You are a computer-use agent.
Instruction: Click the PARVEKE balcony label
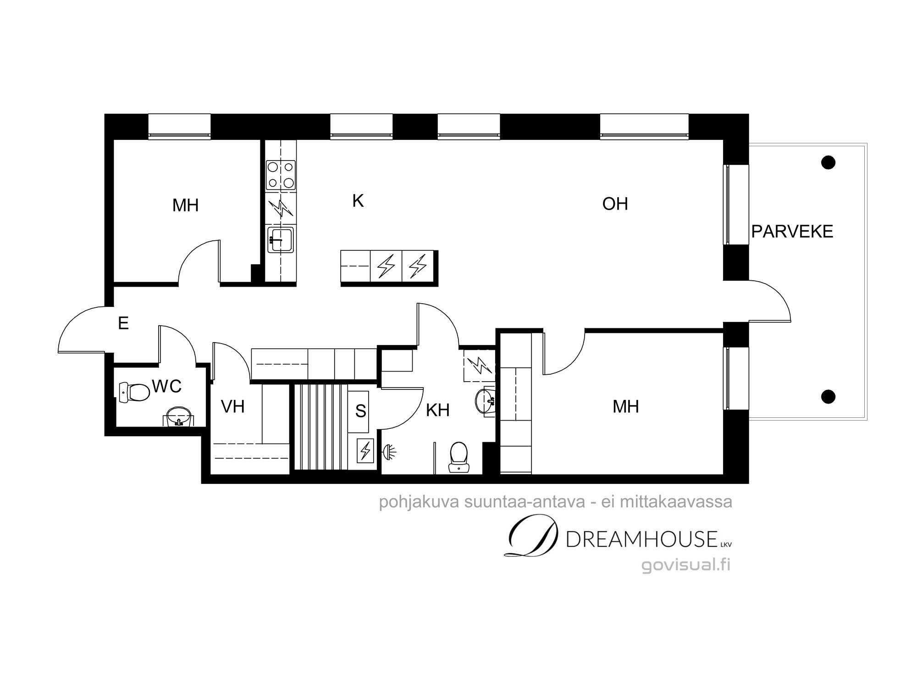click(x=792, y=232)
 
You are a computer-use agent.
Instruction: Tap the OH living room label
click(x=615, y=204)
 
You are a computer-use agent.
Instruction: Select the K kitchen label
click(x=358, y=201)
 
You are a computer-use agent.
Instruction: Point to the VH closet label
click(x=232, y=407)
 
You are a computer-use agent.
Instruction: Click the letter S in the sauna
click(x=360, y=411)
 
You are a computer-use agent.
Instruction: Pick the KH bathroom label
click(x=437, y=410)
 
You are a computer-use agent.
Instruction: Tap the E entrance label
click(x=123, y=323)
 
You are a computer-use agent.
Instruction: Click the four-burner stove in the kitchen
click(x=281, y=175)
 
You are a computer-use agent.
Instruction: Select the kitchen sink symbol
click(x=281, y=239)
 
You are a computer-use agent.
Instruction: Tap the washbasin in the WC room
click(x=178, y=416)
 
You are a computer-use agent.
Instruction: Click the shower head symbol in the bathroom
click(x=390, y=452)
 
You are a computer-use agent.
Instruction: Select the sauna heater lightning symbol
click(x=365, y=450)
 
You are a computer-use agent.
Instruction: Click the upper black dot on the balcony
click(x=828, y=162)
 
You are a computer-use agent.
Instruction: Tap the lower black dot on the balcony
click(x=828, y=397)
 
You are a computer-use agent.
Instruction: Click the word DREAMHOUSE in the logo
click(x=642, y=539)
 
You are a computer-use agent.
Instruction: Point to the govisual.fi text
click(x=686, y=565)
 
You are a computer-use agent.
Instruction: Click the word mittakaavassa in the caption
click(x=676, y=502)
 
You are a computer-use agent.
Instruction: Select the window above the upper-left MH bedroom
click(x=179, y=126)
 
